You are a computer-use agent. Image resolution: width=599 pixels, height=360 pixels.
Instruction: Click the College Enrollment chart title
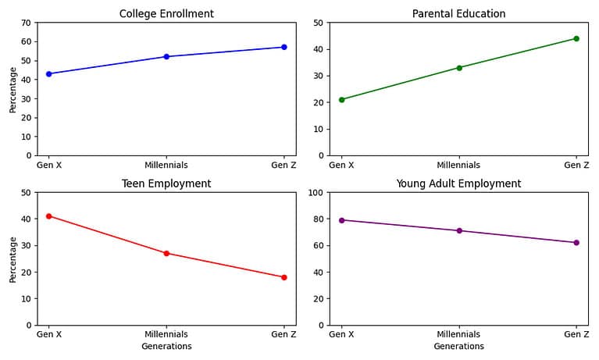pyautogui.click(x=166, y=13)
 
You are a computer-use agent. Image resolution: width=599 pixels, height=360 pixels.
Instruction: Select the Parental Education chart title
pyautogui.click(x=458, y=13)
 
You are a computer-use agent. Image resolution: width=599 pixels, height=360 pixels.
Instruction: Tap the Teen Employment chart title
pyautogui.click(x=166, y=184)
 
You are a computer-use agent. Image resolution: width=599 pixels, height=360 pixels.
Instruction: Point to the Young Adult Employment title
pyautogui.click(x=458, y=184)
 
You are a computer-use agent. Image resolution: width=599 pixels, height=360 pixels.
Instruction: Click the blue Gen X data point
pyautogui.click(x=48, y=74)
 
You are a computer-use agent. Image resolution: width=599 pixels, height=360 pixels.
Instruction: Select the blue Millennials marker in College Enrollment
pyautogui.click(x=166, y=56)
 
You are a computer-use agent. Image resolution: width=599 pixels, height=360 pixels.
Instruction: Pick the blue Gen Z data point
pyautogui.click(x=284, y=47)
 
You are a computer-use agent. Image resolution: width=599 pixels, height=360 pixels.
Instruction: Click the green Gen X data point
pyautogui.click(x=341, y=99)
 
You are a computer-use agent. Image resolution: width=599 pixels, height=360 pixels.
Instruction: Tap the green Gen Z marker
pyautogui.click(x=576, y=38)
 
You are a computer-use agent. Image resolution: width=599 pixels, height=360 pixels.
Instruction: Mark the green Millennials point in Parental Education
pyautogui.click(x=459, y=68)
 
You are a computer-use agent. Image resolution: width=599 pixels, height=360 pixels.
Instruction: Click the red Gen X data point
pyautogui.click(x=48, y=216)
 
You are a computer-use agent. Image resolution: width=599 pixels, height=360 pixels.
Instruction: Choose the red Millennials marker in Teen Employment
pyautogui.click(x=166, y=253)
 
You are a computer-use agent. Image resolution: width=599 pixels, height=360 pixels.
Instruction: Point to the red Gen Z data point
pyautogui.click(x=284, y=277)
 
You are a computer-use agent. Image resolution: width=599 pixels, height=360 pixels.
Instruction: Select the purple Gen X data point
pyautogui.click(x=341, y=220)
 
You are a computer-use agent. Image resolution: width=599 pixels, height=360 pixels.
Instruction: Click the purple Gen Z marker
pyautogui.click(x=576, y=243)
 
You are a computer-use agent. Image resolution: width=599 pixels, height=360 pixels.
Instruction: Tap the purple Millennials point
pyautogui.click(x=459, y=230)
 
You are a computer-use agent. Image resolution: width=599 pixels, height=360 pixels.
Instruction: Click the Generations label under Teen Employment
pyautogui.click(x=166, y=346)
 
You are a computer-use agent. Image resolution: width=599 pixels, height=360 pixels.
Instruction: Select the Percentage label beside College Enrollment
pyautogui.click(x=12, y=88)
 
